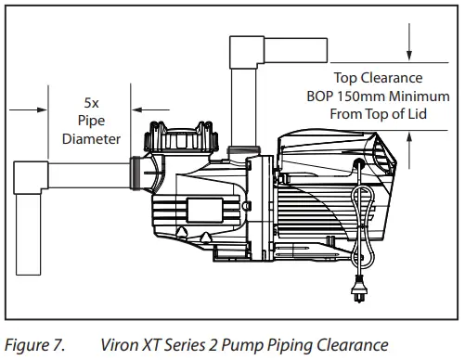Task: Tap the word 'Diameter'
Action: pos(92,139)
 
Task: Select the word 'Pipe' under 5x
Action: pos(93,122)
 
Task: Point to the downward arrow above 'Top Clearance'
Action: pos(409,50)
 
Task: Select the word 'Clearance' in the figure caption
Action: pos(340,345)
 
